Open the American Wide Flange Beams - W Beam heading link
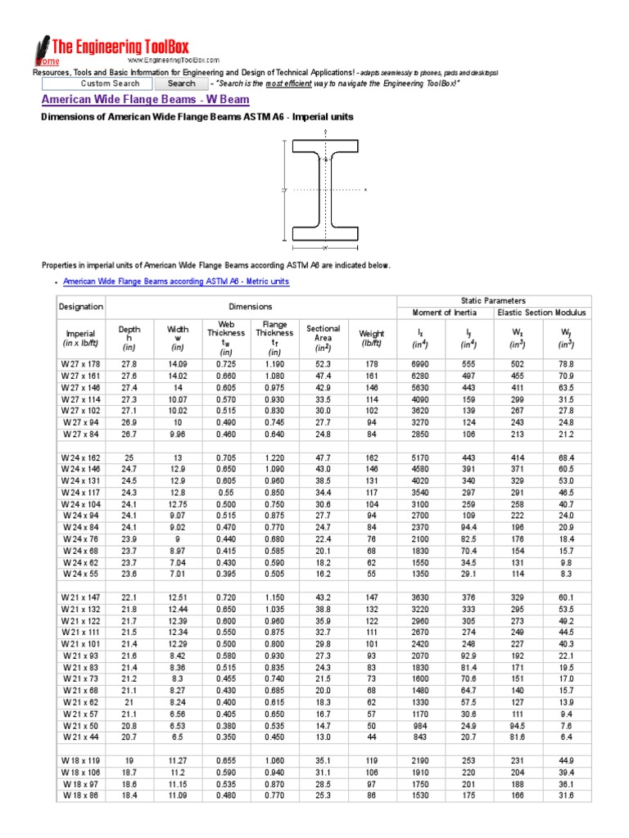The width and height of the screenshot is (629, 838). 145,100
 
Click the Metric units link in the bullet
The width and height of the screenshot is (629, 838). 176,282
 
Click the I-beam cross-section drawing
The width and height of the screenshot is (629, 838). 325,190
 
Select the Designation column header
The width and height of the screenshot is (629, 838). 81,307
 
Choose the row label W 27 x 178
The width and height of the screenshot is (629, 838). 80,363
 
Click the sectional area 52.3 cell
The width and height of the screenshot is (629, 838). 324,363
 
